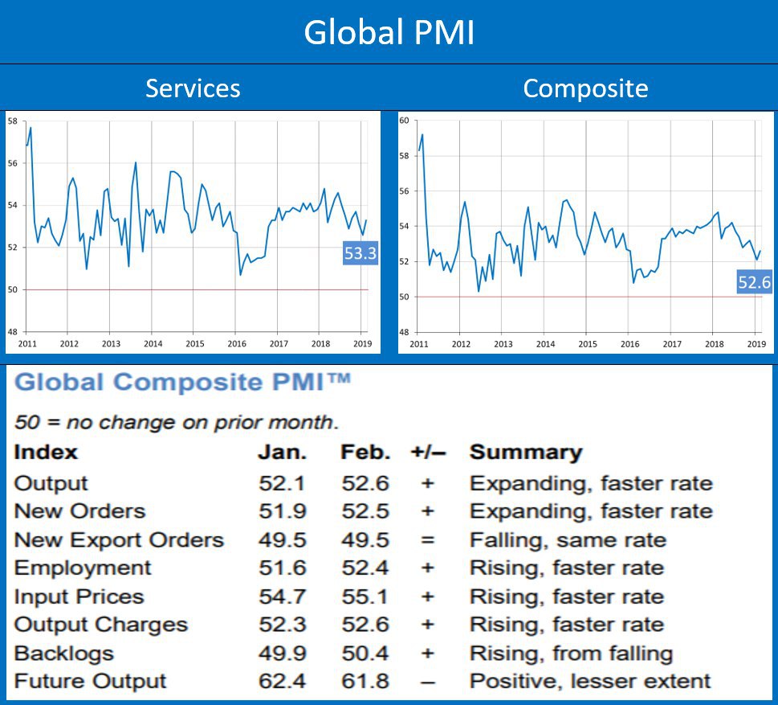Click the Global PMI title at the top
[389, 32]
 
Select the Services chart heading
[193, 88]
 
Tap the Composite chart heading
[585, 88]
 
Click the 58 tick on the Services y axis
[13, 121]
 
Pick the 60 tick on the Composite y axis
[405, 121]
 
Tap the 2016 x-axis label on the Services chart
[237, 343]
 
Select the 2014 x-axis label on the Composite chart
[545, 343]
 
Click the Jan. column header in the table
[282, 452]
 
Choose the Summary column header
[525, 452]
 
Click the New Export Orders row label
[119, 540]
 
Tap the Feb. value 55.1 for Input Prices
[365, 596]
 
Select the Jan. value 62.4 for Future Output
[282, 682]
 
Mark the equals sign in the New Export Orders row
[427, 540]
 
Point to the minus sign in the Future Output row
[427, 682]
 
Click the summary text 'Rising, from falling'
[571, 654]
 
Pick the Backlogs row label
[63, 654]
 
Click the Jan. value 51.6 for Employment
[282, 568]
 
